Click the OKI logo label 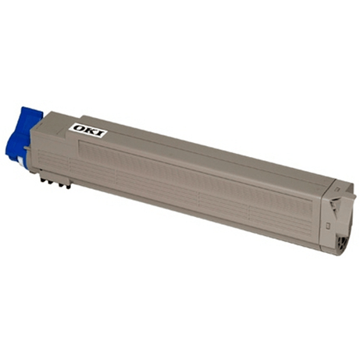pyautogui.click(x=88, y=130)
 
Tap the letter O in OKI pyautogui.click(x=78, y=127)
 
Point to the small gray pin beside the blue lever pyautogui.click(x=26, y=148)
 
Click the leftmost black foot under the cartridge pyautogui.click(x=42, y=179)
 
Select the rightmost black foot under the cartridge pyautogui.click(x=68, y=187)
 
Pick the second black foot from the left pyautogui.click(x=49, y=181)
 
